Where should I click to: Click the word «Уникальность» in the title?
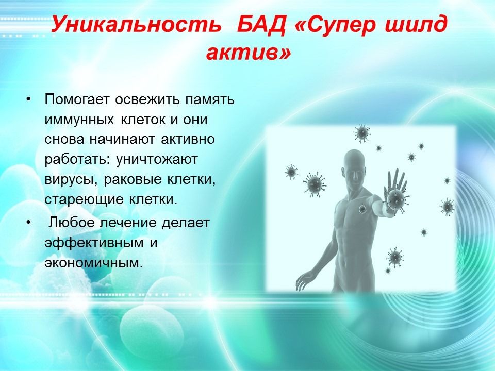coord(136,24)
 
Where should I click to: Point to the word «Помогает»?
coord(77,99)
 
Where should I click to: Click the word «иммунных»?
coord(79,120)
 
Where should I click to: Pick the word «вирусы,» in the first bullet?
coord(72,180)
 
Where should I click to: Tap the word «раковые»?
coord(133,180)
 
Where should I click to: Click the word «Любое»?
coord(71,223)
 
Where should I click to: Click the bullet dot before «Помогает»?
coord(29,99)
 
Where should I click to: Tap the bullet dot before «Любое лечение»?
coord(29,223)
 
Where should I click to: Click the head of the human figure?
coord(354,167)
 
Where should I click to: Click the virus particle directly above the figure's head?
coord(362,133)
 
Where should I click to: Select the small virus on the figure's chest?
coord(362,209)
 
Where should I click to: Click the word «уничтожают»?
coord(157,159)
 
